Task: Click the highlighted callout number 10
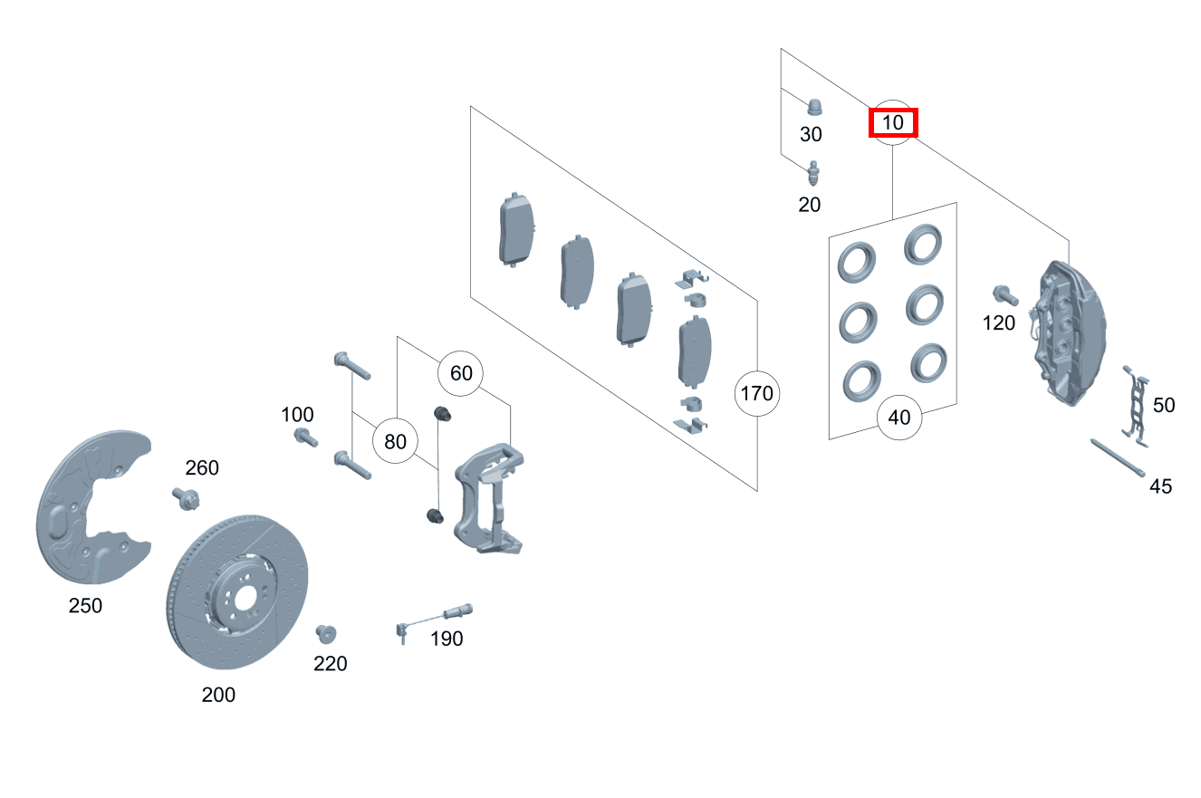coord(893,122)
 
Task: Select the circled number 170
coord(756,393)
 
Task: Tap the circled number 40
coord(899,418)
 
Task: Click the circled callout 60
coord(461,373)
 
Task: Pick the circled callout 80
coord(396,442)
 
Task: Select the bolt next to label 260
coord(186,497)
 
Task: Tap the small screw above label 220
coord(326,633)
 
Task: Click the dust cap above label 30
coord(815,107)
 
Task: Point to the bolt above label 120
coord(1004,294)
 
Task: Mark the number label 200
coord(218,695)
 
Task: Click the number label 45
coord(1160,486)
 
